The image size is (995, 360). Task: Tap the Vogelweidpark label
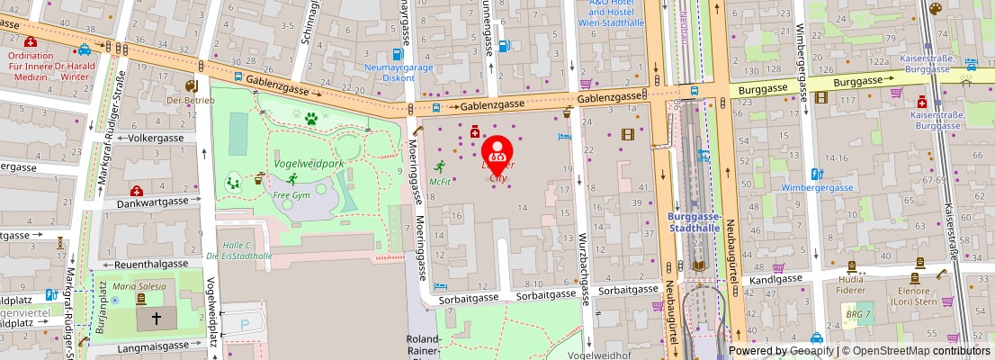tap(309, 165)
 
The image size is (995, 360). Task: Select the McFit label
tap(440, 182)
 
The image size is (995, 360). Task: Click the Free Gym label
tap(291, 195)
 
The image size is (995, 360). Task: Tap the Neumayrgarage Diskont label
tap(390, 71)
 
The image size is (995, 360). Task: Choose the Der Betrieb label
tap(191, 100)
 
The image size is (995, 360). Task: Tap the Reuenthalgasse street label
tap(150, 265)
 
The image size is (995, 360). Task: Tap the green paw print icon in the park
tap(311, 118)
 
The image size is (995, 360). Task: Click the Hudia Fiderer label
tap(851, 284)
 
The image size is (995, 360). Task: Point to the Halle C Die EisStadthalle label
tap(239, 250)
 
